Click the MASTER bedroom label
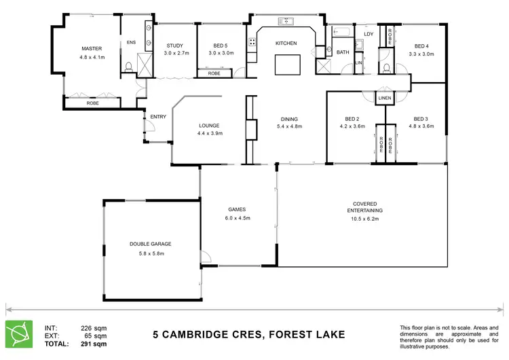pyautogui.click(x=91, y=49)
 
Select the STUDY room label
pyautogui.click(x=174, y=46)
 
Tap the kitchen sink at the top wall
pyautogui.click(x=285, y=20)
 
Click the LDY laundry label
pyautogui.click(x=369, y=34)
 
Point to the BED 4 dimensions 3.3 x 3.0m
pyautogui.click(x=419, y=53)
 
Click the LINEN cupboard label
pyautogui.click(x=385, y=98)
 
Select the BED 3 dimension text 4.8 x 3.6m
pyautogui.click(x=421, y=126)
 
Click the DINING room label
pyautogui.click(x=289, y=119)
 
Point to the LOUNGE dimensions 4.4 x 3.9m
pyautogui.click(x=210, y=133)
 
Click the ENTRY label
pyautogui.click(x=158, y=117)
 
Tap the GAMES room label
pyautogui.click(x=236, y=209)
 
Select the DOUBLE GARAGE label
pyautogui.click(x=151, y=244)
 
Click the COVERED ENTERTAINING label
pyautogui.click(x=365, y=207)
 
